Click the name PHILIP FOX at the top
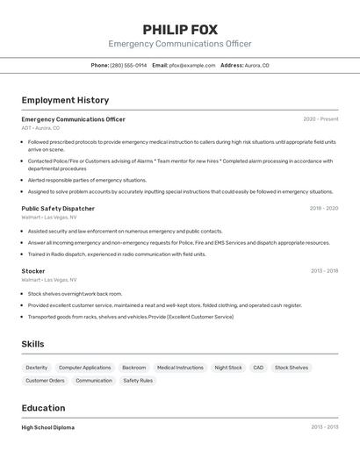pos(179,29)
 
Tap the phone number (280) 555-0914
pos(128,65)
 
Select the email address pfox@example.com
pos(192,65)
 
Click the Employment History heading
pos(65,100)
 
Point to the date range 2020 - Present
pos(320,119)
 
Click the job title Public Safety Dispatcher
pos(58,209)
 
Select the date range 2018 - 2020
pos(323,209)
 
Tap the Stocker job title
pos(33,271)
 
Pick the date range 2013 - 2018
pos(323,271)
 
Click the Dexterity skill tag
pos(37,368)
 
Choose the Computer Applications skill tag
pos(85,368)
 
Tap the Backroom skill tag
pos(134,368)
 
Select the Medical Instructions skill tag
pos(180,368)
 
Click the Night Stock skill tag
pos(228,368)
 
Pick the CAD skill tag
pos(258,368)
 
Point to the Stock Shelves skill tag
pos(292,368)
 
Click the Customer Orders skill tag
pos(45,381)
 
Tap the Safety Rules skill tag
pos(138,381)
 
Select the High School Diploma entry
pos(47,427)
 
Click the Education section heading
pos(43,408)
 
